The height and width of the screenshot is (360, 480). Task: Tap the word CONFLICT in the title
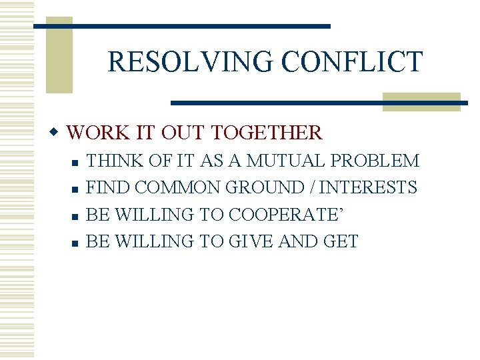pyautogui.click(x=352, y=62)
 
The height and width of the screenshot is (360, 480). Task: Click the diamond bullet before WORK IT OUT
pyautogui.click(x=58, y=132)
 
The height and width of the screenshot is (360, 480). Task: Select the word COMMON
pyautogui.click(x=182, y=187)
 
